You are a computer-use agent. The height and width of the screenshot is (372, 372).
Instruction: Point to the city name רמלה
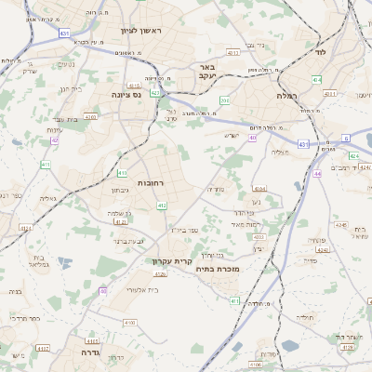[x=286, y=96]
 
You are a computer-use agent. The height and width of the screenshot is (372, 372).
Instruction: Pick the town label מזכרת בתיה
[x=219, y=269]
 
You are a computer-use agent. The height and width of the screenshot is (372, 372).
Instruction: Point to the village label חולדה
[x=305, y=318]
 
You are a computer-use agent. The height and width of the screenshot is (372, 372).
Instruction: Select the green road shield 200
[x=225, y=100]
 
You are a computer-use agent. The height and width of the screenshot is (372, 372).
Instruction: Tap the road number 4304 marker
[x=259, y=189]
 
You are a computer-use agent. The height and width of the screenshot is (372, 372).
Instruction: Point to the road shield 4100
[x=129, y=322]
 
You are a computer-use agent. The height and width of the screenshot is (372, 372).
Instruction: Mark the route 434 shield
[x=316, y=81]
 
